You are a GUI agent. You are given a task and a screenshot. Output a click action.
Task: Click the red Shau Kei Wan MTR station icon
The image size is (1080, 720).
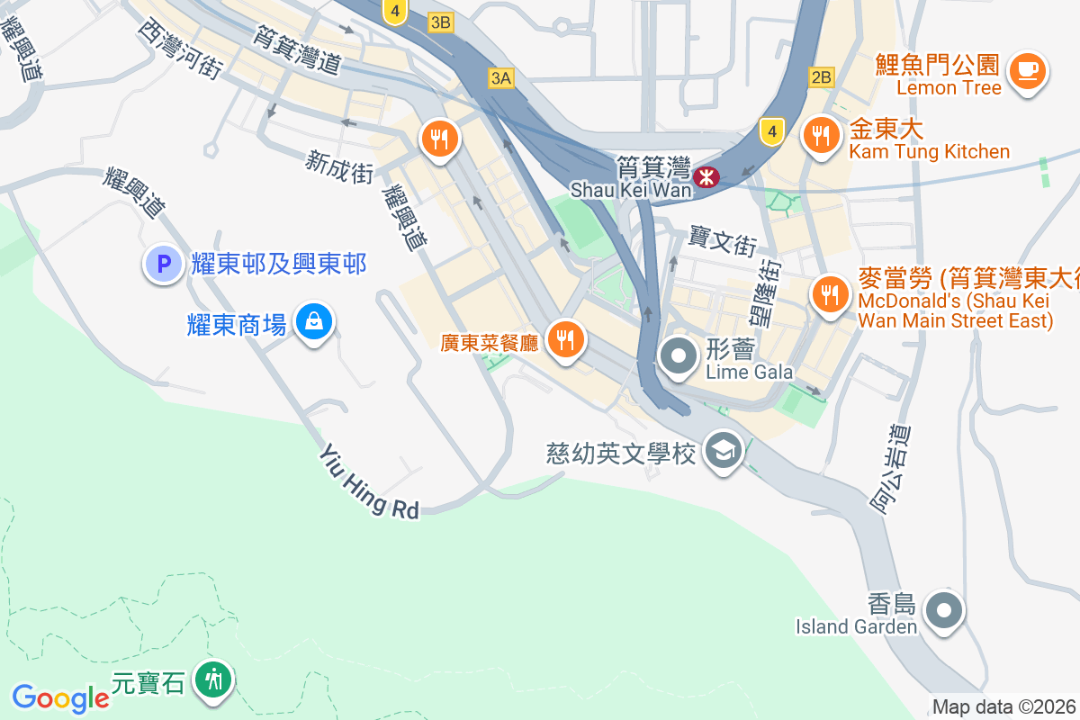tap(707, 175)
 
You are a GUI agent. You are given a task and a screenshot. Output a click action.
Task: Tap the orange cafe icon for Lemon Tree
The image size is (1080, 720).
tap(1027, 70)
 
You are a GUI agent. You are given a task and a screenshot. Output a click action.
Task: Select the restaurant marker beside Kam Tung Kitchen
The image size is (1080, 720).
tap(820, 137)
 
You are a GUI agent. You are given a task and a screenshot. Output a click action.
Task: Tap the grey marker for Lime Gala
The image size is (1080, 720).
tap(679, 355)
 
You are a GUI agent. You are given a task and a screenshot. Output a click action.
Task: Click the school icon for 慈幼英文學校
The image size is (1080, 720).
tap(723, 449)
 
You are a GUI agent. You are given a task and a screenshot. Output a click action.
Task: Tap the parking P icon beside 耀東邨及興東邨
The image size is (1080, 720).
tap(164, 265)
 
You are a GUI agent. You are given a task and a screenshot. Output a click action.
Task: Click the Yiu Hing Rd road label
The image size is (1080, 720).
tap(369, 482)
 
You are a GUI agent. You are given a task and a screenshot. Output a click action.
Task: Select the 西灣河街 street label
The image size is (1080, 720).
tap(180, 49)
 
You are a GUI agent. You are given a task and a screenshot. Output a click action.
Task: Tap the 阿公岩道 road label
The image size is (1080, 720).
tap(892, 468)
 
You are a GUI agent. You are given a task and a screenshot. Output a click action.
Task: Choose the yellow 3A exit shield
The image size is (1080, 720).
tap(501, 78)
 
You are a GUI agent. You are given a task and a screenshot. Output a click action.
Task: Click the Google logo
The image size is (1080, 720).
tap(60, 697)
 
